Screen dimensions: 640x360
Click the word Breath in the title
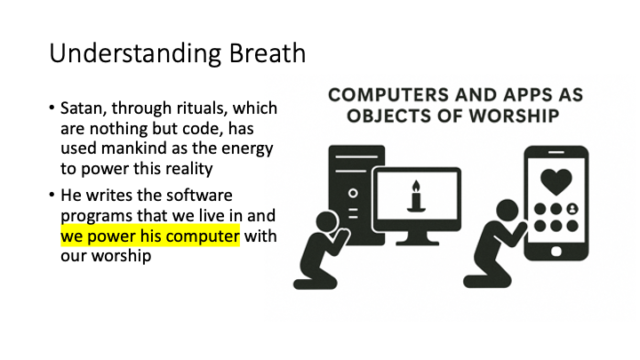point(268,53)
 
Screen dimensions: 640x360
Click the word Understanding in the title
point(135,54)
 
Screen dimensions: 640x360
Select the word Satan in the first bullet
point(81,108)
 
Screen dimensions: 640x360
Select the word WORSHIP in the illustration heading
point(514,116)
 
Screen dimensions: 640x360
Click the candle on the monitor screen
point(416,196)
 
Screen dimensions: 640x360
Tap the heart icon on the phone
point(556,181)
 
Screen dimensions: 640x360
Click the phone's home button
point(556,252)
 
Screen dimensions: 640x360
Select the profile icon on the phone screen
point(572,209)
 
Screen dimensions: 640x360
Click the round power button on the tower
point(353,193)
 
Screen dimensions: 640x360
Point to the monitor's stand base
point(417,243)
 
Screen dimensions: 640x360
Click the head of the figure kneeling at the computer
point(327,222)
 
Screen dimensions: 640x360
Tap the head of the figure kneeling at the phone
point(508,212)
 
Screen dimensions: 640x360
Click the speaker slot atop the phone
point(556,152)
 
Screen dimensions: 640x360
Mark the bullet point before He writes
point(52,195)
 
